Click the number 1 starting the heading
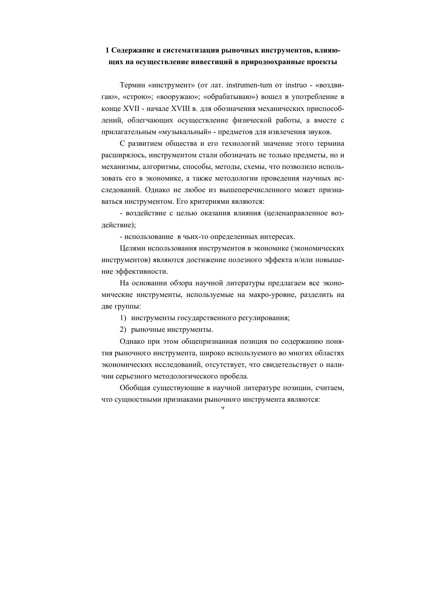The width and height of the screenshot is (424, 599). pyautogui.click(x=107, y=51)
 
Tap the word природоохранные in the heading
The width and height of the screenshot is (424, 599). pyautogui.click(x=270, y=62)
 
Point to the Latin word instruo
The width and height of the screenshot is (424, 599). pyautogui.click(x=291, y=85)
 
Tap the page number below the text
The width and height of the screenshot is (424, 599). pyautogui.click(x=222, y=408)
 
